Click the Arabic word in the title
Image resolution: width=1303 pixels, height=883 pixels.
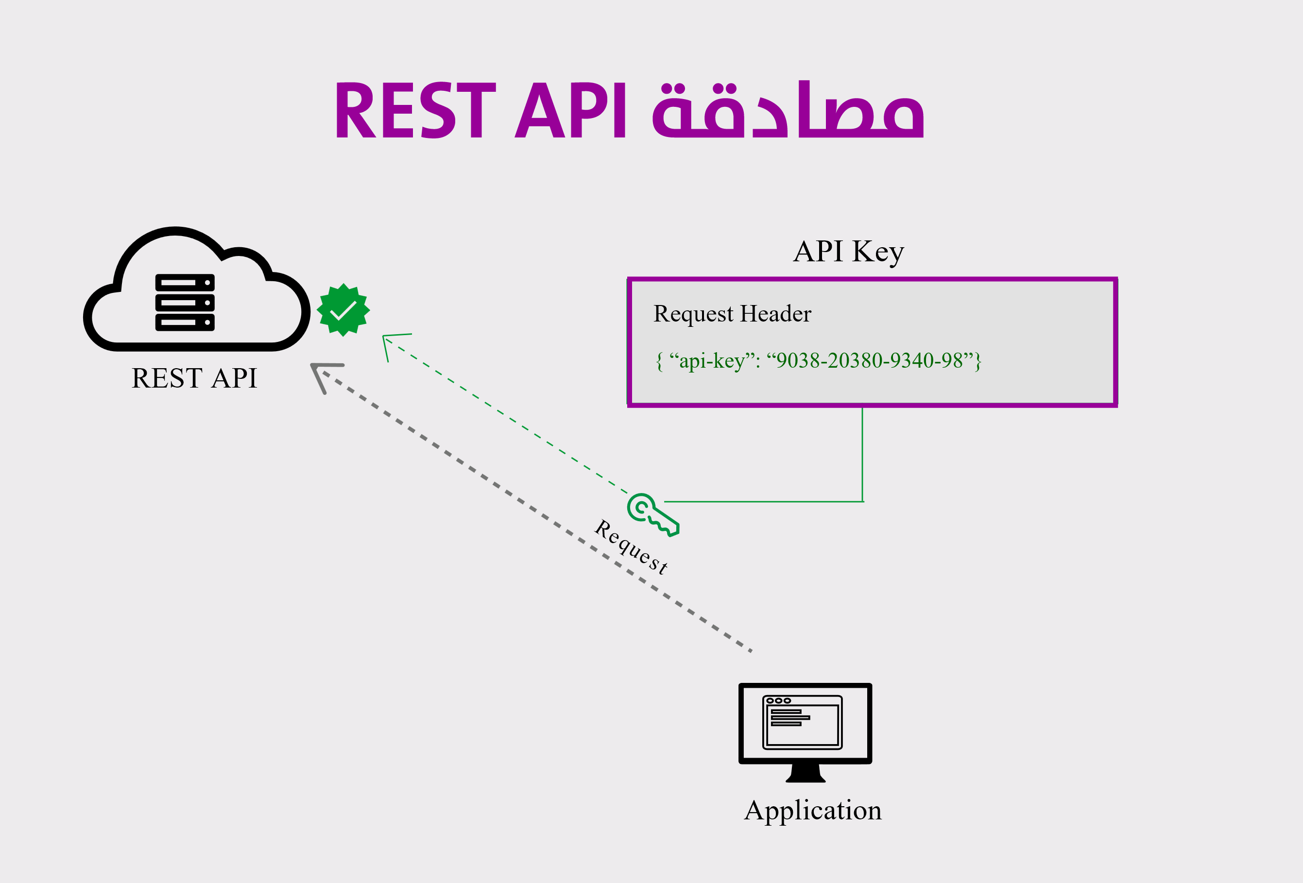click(x=788, y=110)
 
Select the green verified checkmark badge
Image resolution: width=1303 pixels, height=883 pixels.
click(x=343, y=310)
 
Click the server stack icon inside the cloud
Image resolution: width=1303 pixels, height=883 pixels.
click(x=185, y=302)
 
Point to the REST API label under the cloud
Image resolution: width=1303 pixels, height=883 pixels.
click(x=194, y=378)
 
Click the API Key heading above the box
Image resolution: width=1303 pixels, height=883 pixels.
click(x=848, y=252)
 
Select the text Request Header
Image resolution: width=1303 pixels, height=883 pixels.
click(x=732, y=314)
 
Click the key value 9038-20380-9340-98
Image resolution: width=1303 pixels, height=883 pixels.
click(x=870, y=360)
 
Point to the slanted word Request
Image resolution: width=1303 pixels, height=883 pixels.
click(x=631, y=546)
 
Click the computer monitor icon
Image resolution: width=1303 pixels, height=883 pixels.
click(x=805, y=732)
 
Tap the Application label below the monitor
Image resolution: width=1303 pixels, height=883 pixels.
click(x=813, y=811)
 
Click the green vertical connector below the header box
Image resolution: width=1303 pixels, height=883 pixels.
click(x=862, y=455)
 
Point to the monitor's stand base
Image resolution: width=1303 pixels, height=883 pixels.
click(x=806, y=774)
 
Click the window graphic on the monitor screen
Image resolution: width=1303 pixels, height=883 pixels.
click(x=802, y=722)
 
